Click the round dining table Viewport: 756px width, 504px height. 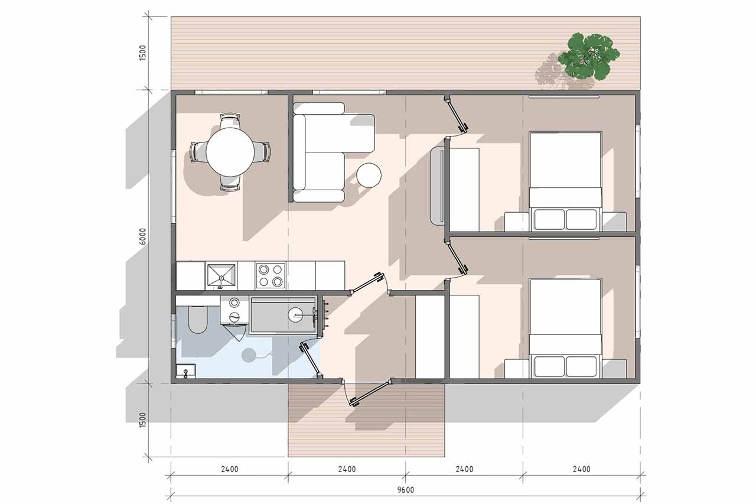tap(230, 152)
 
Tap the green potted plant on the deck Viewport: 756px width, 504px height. tap(589, 56)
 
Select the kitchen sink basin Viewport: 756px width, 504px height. tap(221, 276)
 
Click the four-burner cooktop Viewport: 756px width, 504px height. tap(271, 275)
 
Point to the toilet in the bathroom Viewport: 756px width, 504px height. tap(197, 319)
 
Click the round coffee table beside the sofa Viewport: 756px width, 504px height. tap(369, 175)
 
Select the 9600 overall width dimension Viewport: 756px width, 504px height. tap(405, 490)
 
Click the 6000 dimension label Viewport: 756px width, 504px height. tap(143, 236)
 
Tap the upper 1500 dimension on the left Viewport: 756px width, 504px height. tap(143, 53)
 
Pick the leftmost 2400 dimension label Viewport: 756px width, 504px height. tap(230, 469)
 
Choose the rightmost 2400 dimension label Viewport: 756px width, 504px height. tap(582, 469)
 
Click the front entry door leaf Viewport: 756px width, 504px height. tap(370, 393)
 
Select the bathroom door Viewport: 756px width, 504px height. tap(311, 360)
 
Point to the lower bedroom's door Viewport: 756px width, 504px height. tap(457, 257)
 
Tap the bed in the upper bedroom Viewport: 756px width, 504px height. tap(565, 181)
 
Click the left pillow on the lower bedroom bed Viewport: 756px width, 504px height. tap(549, 367)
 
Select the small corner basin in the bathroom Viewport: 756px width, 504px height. tap(185, 371)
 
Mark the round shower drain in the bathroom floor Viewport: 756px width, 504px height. tap(249, 356)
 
